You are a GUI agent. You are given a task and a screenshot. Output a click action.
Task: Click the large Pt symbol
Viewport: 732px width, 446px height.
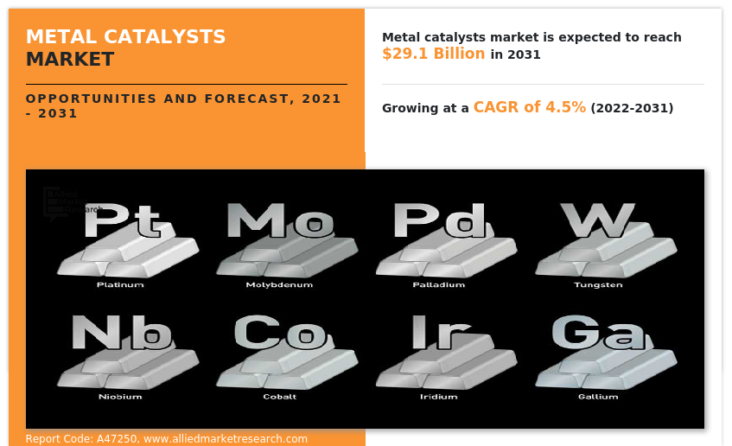click(x=123, y=223)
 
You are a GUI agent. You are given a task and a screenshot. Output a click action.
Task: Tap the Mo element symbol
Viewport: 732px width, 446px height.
click(x=280, y=222)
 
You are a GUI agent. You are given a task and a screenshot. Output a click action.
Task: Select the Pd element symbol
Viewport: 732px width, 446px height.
click(x=439, y=221)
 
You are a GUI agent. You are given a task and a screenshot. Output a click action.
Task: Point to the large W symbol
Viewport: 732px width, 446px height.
click(x=598, y=222)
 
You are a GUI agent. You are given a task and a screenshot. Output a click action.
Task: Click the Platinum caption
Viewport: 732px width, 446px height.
click(x=120, y=284)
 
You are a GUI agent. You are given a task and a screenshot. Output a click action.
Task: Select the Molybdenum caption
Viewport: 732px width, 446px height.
click(x=279, y=284)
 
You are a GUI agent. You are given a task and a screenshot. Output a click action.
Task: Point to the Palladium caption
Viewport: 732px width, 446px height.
click(x=439, y=284)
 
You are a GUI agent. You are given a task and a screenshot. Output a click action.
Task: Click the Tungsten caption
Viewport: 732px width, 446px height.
click(x=598, y=284)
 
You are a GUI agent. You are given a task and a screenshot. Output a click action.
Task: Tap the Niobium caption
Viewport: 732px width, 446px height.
click(x=120, y=397)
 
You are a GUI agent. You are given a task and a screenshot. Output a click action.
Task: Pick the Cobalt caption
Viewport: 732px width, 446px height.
click(x=279, y=397)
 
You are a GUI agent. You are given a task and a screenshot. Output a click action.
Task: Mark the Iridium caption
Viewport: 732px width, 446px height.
click(x=439, y=397)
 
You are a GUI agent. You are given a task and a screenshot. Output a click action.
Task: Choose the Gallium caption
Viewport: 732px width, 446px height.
click(x=598, y=397)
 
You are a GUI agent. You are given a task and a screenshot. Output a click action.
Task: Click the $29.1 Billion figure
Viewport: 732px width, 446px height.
click(x=433, y=54)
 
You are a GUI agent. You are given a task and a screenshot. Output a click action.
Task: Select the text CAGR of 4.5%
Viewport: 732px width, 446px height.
click(x=529, y=107)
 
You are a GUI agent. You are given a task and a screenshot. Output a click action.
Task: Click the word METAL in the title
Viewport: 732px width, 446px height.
click(x=60, y=37)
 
